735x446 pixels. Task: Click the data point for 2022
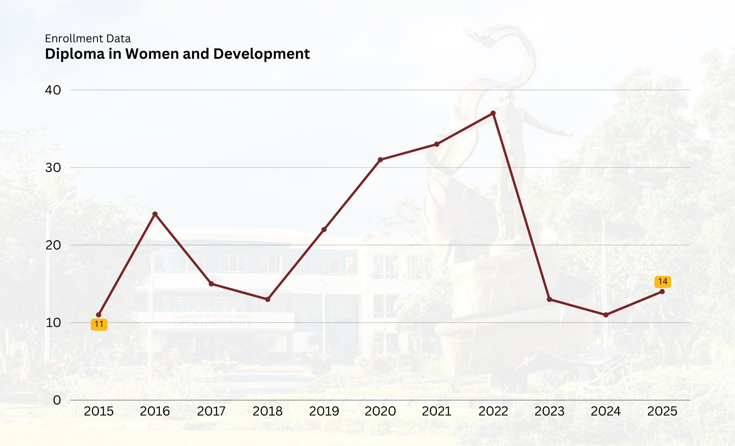pos(493,113)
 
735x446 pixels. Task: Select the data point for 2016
pos(155,214)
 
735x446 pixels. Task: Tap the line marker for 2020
pos(380,160)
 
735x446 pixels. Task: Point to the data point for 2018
pos(268,299)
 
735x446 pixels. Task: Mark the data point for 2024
pos(606,315)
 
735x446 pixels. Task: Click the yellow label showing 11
pos(99,324)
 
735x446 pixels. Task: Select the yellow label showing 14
pos(663,282)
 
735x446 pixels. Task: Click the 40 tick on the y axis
pos(53,90)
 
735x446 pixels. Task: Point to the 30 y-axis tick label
pos(53,168)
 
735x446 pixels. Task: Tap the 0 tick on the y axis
pos(57,400)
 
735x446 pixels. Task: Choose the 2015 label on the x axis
pos(98,411)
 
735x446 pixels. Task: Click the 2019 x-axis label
pos(324,411)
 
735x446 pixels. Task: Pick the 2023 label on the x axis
pos(549,411)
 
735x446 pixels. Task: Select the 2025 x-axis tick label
pos(662,411)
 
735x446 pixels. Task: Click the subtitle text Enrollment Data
pos(88,39)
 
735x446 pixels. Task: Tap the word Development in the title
pos(261,54)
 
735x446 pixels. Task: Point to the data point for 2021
pos(437,144)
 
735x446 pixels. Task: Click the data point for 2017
pos(211,284)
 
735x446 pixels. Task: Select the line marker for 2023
pos(549,299)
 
